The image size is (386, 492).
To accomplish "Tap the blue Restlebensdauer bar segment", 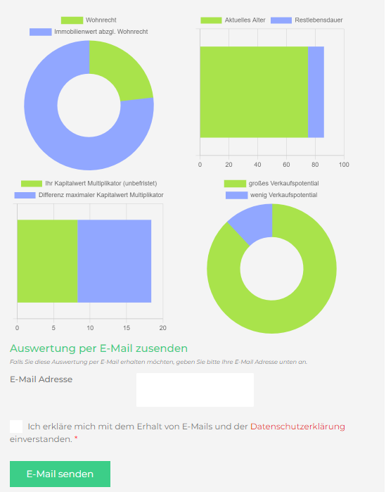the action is (316, 92).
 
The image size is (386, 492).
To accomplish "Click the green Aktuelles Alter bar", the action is (254, 92).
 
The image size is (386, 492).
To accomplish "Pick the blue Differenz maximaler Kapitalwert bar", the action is (115, 261).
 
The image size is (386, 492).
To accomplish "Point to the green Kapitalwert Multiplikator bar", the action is (47, 261).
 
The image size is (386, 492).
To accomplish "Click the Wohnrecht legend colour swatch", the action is (72, 20).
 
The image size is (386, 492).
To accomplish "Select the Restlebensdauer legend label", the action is (319, 20).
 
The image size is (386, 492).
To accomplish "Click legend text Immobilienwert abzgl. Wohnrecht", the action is (101, 32).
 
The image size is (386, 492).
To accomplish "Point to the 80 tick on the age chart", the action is (315, 165).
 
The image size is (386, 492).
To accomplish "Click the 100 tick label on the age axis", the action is (344, 165).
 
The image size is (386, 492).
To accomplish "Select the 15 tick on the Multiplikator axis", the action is (127, 328).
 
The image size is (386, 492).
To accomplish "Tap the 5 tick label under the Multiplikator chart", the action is (53, 328).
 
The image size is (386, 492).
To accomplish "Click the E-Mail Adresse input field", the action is (195, 390).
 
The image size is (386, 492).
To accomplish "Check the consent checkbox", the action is (16, 427).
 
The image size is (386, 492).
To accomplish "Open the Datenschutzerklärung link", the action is (297, 427).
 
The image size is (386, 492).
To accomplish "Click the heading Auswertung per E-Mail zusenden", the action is (98, 348).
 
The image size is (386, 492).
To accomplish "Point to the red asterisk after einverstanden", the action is (76, 438).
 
